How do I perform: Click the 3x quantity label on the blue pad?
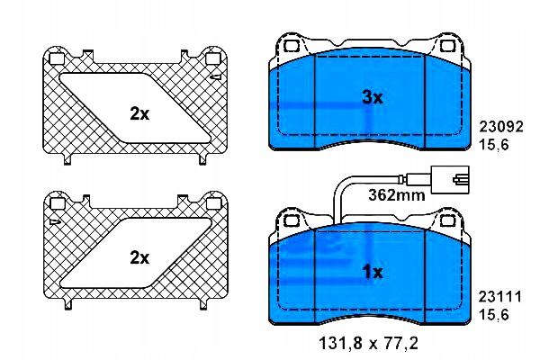click(373, 98)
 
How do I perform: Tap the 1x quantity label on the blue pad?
click(373, 272)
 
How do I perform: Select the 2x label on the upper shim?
click(139, 113)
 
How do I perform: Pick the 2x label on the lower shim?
click(139, 257)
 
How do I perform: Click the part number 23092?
click(501, 126)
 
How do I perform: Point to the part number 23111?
click(500, 297)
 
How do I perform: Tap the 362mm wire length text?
click(397, 195)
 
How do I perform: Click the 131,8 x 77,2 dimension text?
click(368, 343)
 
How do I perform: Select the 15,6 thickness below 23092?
click(494, 145)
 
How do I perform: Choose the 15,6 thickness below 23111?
click(494, 314)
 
